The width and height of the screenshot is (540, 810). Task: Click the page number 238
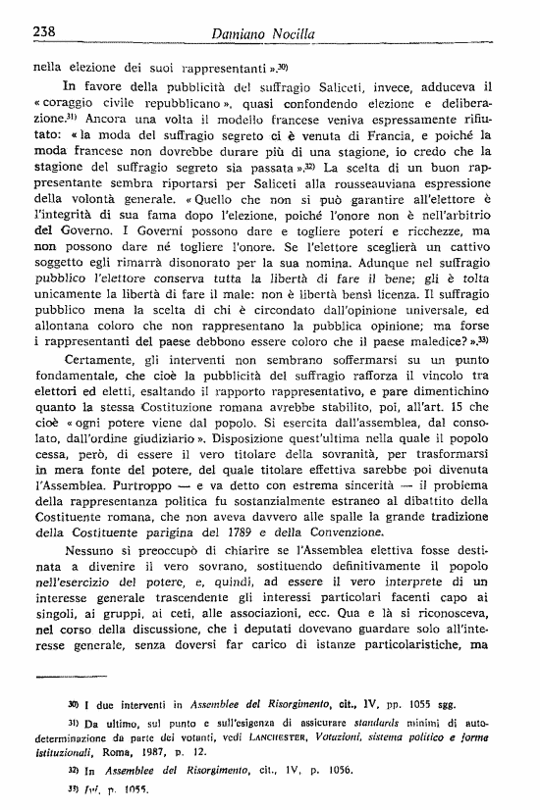pyautogui.click(x=41, y=32)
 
